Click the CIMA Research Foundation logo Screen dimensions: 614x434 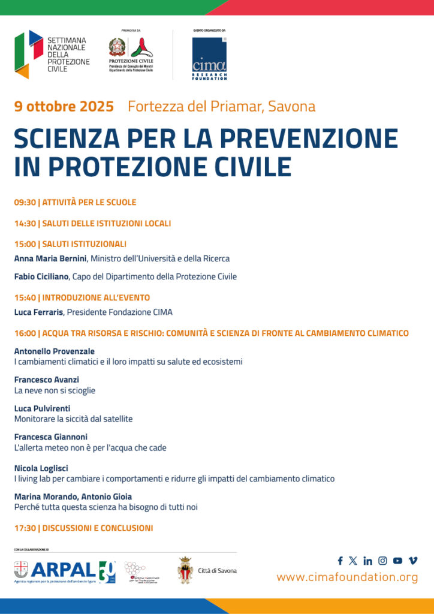[209, 58]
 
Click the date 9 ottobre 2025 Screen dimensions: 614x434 [64, 107]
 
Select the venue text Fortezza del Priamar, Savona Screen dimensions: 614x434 [221, 107]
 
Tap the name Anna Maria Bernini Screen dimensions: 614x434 [50, 258]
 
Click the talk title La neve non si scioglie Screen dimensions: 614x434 [55, 390]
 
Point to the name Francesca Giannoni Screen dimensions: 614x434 [50, 437]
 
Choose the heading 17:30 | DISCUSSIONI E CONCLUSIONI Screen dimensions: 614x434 [83, 528]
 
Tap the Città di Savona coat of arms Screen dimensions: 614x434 [185, 570]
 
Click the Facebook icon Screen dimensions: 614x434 [340, 561]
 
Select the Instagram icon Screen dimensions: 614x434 [382, 561]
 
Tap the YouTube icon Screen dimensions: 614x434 [397, 561]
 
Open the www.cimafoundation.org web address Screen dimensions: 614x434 [347, 577]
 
